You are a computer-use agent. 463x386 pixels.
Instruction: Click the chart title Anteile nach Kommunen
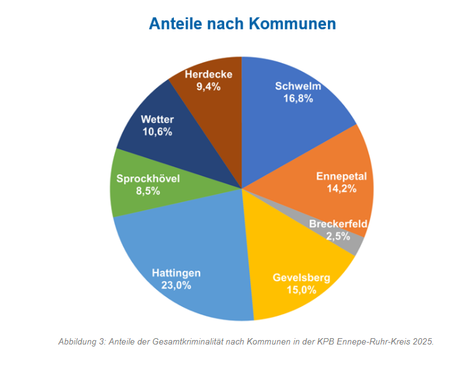(x=242, y=24)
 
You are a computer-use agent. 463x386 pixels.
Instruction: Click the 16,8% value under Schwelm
(x=297, y=99)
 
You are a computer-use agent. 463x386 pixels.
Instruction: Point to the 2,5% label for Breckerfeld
(x=338, y=236)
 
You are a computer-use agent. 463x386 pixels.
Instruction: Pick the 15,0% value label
(x=301, y=290)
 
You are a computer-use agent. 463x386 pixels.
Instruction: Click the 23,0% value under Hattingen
(x=176, y=285)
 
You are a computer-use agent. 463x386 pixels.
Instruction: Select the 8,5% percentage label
(x=148, y=191)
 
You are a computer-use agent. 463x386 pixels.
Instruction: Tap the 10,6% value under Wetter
(x=157, y=132)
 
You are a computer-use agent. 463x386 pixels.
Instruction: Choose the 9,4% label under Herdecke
(x=208, y=87)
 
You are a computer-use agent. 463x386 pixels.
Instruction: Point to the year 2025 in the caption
(x=422, y=341)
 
